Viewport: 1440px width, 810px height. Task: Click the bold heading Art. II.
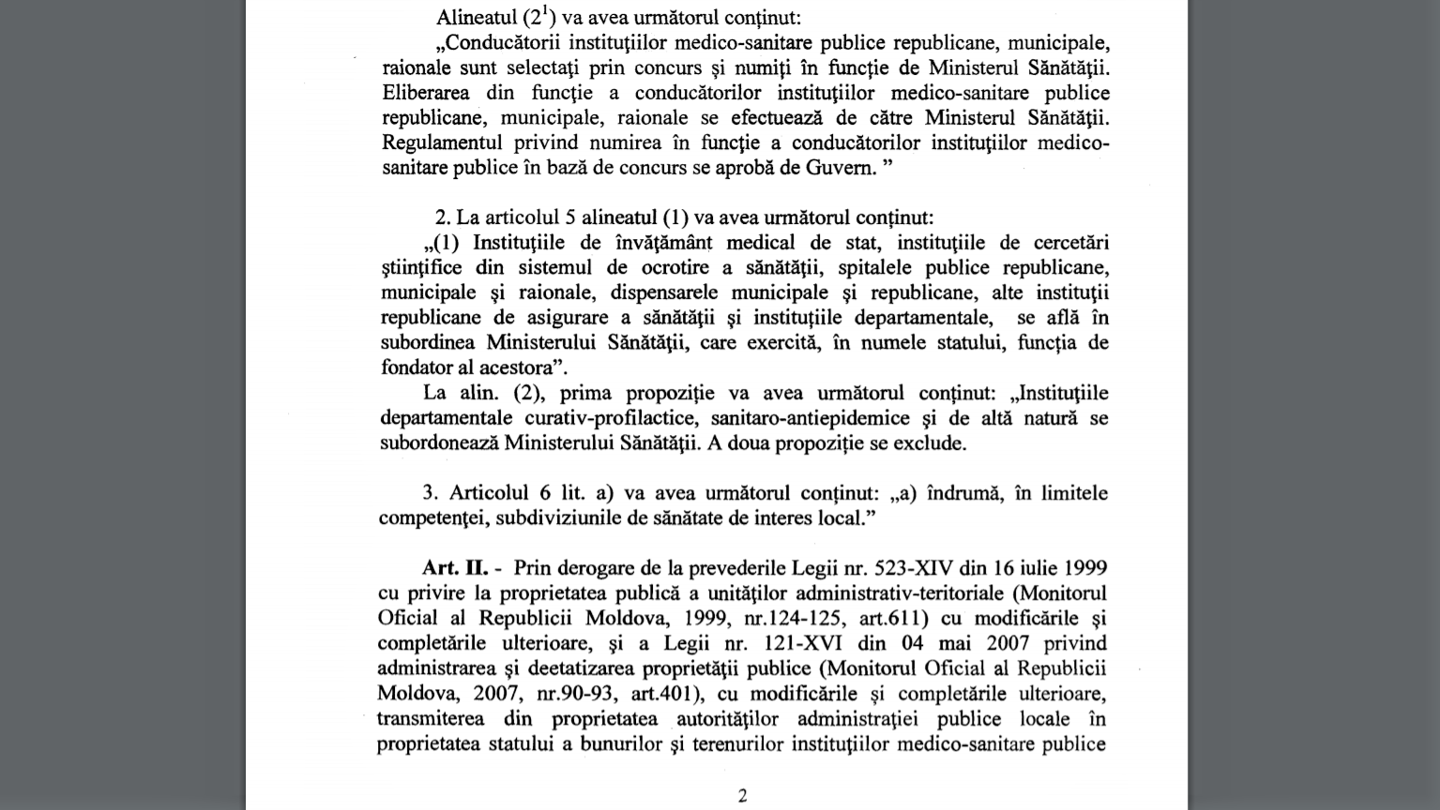coord(454,568)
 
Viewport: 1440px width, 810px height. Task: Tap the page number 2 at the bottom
coord(742,796)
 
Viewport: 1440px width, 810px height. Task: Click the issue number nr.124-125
coord(801,619)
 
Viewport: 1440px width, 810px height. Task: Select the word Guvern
coord(841,169)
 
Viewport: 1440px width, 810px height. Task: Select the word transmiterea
coord(431,719)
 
